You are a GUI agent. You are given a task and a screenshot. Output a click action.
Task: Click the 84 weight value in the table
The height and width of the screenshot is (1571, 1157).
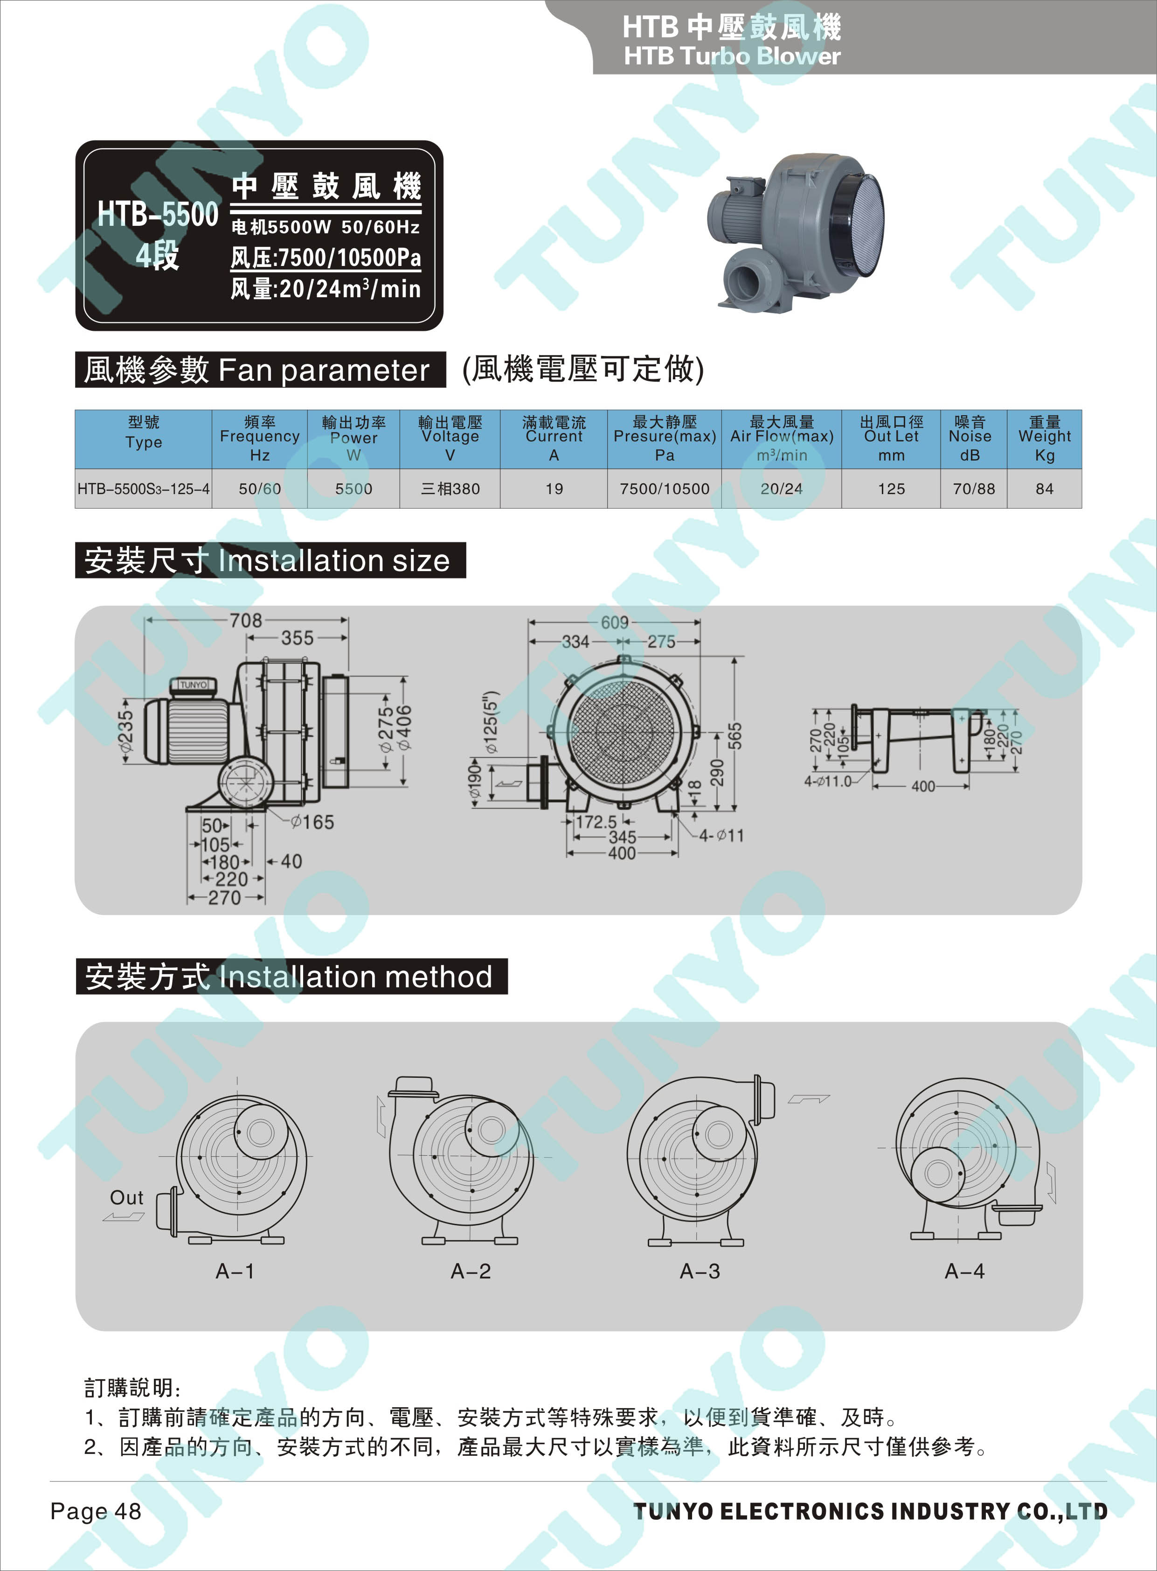click(1044, 489)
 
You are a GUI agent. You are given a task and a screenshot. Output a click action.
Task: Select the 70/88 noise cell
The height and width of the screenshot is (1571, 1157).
click(974, 489)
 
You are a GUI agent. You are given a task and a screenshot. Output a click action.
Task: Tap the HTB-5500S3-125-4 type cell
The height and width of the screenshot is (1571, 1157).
click(144, 489)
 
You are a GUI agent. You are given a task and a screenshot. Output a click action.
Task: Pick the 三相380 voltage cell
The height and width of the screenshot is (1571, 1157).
click(450, 489)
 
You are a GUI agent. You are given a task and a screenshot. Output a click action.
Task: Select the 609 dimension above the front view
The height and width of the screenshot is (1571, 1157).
click(615, 622)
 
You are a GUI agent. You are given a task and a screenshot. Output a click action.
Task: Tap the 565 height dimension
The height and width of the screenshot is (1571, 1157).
click(734, 736)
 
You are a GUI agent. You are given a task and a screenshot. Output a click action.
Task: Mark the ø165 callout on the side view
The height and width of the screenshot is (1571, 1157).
click(312, 822)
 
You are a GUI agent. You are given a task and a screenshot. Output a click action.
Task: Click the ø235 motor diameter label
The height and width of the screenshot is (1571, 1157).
click(126, 732)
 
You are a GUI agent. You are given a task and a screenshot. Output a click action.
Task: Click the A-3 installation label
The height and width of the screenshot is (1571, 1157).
click(700, 1271)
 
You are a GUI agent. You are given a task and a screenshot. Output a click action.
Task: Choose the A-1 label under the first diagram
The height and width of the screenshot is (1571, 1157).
click(236, 1271)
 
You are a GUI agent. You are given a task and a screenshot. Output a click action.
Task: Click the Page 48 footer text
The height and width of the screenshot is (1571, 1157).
click(96, 1511)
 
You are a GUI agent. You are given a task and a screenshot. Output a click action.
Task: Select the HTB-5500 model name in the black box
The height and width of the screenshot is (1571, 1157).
click(158, 214)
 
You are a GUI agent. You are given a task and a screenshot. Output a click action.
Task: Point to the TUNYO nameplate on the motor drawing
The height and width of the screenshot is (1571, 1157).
click(194, 684)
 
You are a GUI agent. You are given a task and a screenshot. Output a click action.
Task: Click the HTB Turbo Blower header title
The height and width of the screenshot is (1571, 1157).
click(732, 56)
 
